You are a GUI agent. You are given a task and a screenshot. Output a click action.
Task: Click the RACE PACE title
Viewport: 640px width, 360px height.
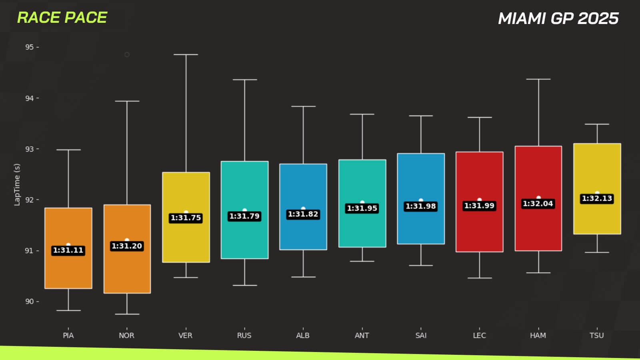[62, 18]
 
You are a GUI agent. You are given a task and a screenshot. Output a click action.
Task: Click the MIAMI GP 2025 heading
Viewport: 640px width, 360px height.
[558, 18]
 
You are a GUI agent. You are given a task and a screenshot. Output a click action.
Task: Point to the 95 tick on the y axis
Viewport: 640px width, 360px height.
[30, 47]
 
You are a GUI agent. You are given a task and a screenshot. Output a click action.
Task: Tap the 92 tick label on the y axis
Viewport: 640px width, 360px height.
[30, 200]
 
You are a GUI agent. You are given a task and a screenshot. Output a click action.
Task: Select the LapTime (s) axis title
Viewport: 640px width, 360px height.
[17, 184]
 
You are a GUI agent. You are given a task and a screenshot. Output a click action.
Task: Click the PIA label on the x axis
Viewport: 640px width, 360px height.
[68, 335]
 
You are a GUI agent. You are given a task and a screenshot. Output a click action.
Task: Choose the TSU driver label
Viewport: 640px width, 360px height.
[597, 335]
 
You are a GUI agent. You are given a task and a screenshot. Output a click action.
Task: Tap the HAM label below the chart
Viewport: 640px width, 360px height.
[538, 335]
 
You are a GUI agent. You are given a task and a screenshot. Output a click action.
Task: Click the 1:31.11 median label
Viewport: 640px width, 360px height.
[68, 250]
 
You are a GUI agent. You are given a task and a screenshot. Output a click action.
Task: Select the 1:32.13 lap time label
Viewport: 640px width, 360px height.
[597, 198]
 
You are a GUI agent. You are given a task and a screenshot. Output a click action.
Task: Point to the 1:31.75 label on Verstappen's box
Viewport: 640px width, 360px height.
[186, 218]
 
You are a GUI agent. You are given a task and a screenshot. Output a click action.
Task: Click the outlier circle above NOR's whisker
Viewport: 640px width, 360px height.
[127, 54]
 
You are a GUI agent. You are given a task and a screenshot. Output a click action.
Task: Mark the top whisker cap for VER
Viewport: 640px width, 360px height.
[186, 54]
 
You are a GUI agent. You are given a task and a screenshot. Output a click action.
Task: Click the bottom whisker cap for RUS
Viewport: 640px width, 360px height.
[245, 285]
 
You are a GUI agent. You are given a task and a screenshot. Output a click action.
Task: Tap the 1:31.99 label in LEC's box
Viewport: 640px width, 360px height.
[479, 206]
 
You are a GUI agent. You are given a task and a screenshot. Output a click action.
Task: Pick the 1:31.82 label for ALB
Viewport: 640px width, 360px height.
[303, 214]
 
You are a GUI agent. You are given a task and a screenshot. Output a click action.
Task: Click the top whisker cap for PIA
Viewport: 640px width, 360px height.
[68, 150]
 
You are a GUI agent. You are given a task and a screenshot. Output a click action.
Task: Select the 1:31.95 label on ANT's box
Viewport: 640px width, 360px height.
[362, 208]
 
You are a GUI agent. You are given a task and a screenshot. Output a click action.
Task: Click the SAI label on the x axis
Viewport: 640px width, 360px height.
[421, 335]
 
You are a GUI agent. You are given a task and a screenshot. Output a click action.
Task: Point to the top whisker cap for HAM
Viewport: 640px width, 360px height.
[538, 79]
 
